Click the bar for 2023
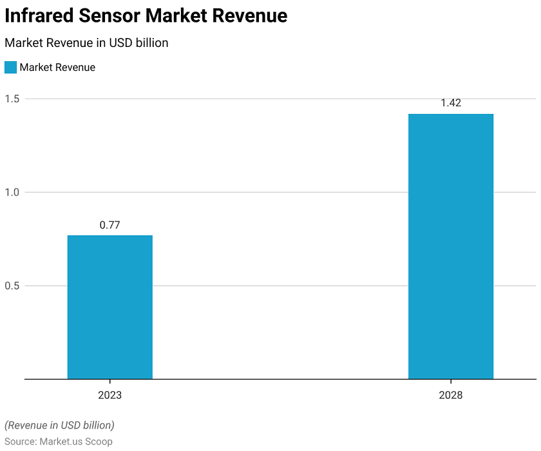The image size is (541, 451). pos(109,307)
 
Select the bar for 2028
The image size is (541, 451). pos(451,246)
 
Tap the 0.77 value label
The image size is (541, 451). pos(109,225)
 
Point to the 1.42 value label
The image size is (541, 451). pos(451,103)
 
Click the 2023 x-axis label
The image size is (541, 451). pos(109,395)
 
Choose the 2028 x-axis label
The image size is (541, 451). pos(451,395)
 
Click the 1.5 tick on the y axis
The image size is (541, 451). pos(12,99)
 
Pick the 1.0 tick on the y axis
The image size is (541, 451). pos(12,192)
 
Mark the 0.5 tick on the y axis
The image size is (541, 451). pos(12,286)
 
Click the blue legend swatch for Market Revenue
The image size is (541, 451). pos(10,68)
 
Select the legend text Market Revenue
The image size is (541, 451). pos(57,68)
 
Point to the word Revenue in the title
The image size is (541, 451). pos(249,16)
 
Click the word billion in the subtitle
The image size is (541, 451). pos(151,43)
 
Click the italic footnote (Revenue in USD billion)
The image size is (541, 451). pos(59,425)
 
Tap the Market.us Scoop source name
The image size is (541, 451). pos(76,441)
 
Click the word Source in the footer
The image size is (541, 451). pos(20,441)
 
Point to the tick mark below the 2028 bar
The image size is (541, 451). pos(451,382)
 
